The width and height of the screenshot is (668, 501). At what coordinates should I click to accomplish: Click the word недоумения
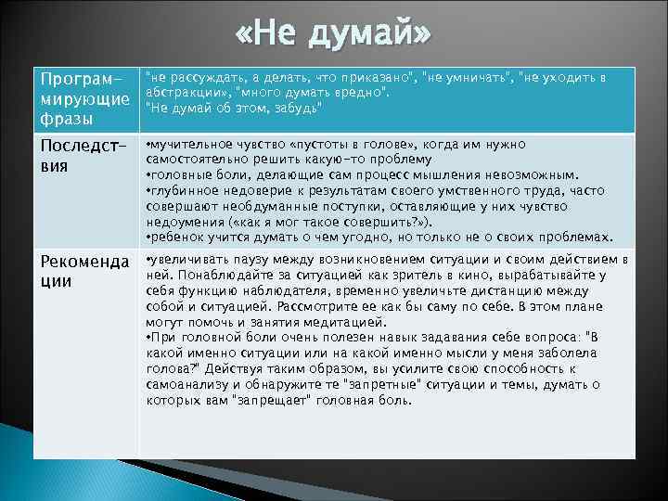pos(186,222)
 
